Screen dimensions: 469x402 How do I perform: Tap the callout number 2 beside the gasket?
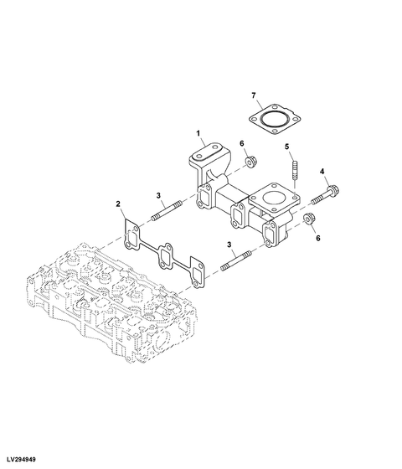118,204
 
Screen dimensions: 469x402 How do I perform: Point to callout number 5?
286,148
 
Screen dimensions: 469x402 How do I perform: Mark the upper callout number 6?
243,143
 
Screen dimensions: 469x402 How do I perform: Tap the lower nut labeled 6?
307,221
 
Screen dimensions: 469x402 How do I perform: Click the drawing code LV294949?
24,460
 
